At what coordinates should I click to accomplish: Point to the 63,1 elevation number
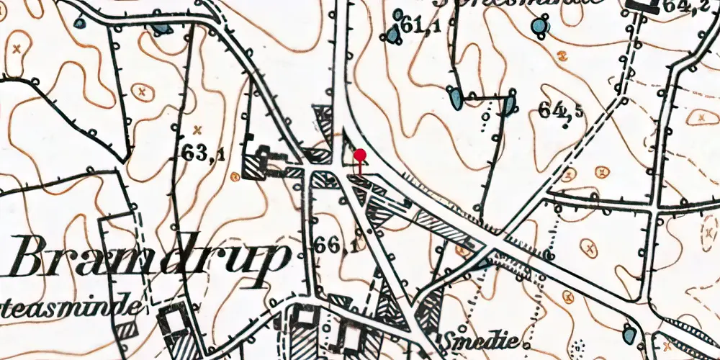click(x=204, y=154)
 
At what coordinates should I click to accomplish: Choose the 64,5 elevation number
click(x=561, y=109)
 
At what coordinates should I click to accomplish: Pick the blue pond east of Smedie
click(x=628, y=333)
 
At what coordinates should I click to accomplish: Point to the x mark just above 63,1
click(x=197, y=130)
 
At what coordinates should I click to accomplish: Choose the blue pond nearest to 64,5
click(x=508, y=104)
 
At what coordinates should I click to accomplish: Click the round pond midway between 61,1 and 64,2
click(x=538, y=27)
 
